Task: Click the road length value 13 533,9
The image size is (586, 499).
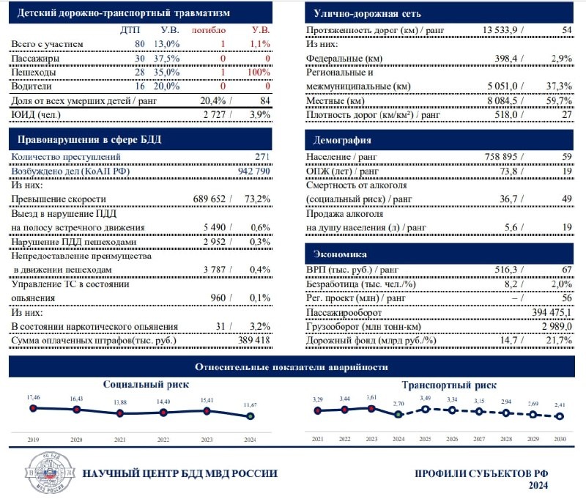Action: [x=502, y=30]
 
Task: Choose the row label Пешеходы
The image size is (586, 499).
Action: [x=36, y=72]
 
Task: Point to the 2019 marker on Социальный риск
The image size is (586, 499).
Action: [x=33, y=407]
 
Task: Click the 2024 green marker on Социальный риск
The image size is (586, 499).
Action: [x=251, y=415]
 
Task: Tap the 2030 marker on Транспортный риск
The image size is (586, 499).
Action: [x=560, y=416]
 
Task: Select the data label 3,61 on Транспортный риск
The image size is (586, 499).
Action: [x=371, y=396]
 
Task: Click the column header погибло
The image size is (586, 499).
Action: [x=209, y=30]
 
